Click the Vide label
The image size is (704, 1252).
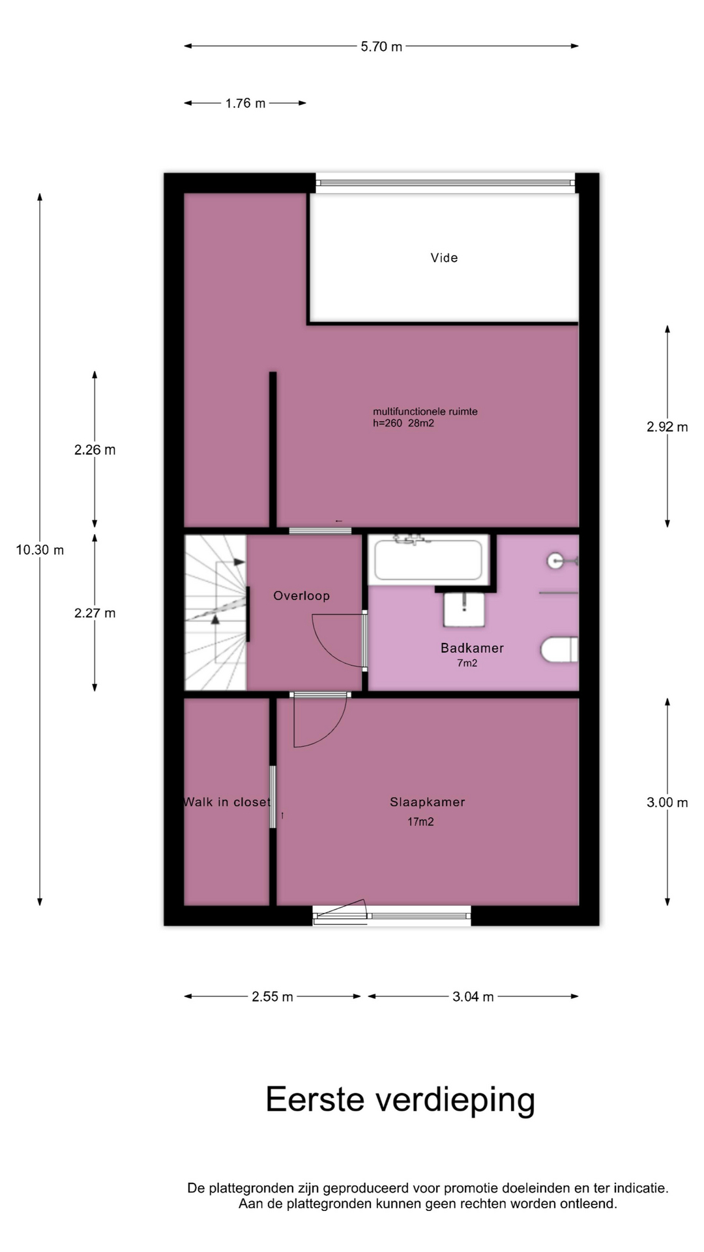(x=444, y=258)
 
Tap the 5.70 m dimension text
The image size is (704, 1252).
(x=381, y=46)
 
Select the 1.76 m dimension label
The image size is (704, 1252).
(x=245, y=103)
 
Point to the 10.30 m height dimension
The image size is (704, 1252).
(x=40, y=550)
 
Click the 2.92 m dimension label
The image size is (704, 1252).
(x=667, y=426)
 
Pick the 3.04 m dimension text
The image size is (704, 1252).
(x=473, y=996)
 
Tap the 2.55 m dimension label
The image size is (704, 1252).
(x=272, y=996)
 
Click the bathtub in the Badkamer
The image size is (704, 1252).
(x=428, y=559)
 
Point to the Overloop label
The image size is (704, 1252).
(x=301, y=595)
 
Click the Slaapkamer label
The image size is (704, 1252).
(x=428, y=802)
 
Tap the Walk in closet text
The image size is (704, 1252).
(x=227, y=802)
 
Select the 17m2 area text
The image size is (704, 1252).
(x=420, y=822)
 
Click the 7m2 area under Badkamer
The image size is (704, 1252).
(x=467, y=663)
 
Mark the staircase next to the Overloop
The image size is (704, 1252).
(x=216, y=612)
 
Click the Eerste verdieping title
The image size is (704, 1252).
(x=400, y=1100)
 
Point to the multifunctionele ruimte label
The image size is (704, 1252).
(x=425, y=411)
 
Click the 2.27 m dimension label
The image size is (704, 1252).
(x=95, y=613)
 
